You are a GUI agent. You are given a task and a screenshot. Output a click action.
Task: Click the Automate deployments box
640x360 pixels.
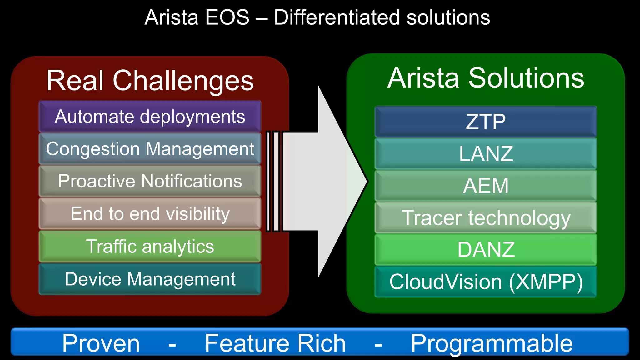point(150,116)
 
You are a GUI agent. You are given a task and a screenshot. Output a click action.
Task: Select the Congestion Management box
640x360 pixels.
point(150,149)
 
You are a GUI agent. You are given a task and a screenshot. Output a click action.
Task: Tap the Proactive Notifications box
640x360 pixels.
point(150,181)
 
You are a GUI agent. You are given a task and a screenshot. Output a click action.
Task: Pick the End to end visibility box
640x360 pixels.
point(150,214)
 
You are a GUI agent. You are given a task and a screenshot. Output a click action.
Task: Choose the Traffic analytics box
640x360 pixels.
point(150,246)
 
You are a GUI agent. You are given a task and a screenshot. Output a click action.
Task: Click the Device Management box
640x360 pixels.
point(150,279)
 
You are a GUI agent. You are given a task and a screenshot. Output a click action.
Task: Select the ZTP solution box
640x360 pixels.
point(486,122)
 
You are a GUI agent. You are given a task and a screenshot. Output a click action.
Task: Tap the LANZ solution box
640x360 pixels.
point(486,154)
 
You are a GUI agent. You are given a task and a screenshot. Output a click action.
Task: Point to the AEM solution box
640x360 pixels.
point(486,186)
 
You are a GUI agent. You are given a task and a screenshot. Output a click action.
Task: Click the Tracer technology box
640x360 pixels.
point(486,218)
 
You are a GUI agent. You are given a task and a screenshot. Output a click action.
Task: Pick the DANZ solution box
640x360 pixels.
point(486,250)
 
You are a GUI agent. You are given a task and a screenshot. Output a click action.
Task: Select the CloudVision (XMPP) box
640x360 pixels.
point(486,282)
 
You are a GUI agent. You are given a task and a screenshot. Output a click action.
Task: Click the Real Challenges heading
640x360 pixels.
point(150,81)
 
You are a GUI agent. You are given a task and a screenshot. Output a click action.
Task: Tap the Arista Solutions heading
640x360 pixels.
point(486,78)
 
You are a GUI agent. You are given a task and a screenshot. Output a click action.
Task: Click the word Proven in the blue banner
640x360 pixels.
point(101,343)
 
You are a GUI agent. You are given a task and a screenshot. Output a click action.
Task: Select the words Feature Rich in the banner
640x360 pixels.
point(275,343)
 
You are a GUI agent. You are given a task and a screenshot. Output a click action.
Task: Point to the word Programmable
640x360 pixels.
point(491,343)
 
